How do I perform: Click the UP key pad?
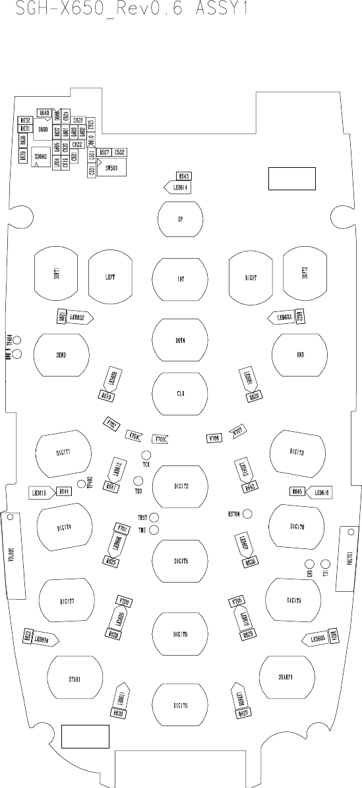pyautogui.click(x=180, y=219)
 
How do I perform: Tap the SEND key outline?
pyautogui.click(x=62, y=354)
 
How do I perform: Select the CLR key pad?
pyautogui.click(x=180, y=394)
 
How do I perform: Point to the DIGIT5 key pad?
pyautogui.click(x=180, y=561)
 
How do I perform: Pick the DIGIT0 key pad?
pyautogui.click(x=180, y=705)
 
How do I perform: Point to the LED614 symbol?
pyautogui.click(x=177, y=187)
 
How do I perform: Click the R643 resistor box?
pyautogui.click(x=184, y=176)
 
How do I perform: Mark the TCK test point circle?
pyautogui.click(x=146, y=456)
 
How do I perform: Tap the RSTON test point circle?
pyautogui.click(x=248, y=513)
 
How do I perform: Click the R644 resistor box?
pyautogui.click(x=63, y=492)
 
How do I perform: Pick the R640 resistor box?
pyautogui.click(x=44, y=113)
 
